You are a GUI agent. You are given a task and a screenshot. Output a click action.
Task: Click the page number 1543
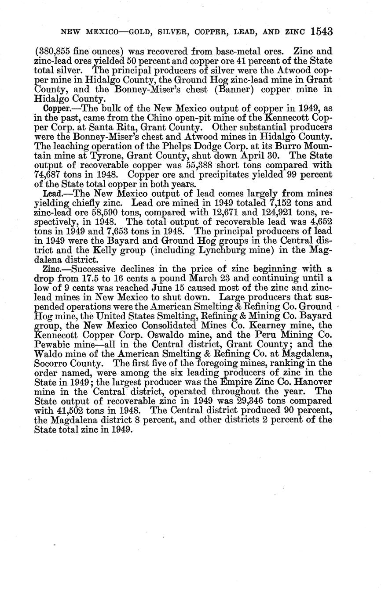(x=321, y=32)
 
